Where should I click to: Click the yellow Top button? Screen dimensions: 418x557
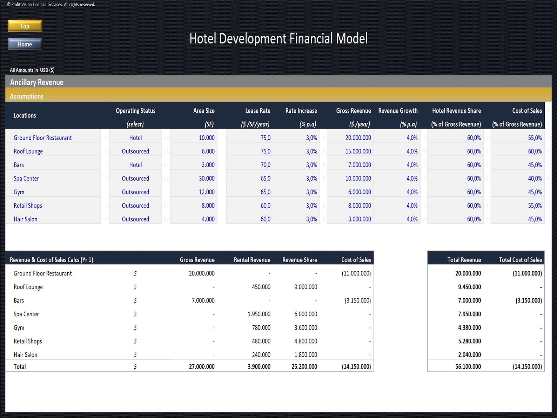(25, 26)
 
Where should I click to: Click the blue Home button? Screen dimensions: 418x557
(25, 44)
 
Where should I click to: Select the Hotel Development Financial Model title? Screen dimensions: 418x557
(278, 39)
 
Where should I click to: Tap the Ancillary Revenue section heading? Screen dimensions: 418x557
(37, 82)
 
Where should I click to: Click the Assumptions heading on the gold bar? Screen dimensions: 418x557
(27, 96)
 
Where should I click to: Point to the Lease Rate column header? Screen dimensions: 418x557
(257, 111)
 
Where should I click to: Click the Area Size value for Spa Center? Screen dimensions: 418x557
(207, 179)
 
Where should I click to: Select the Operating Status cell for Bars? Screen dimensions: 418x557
(135, 165)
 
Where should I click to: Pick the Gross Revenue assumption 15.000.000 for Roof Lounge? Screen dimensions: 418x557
(358, 152)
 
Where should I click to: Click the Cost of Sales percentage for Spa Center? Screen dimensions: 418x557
(535, 179)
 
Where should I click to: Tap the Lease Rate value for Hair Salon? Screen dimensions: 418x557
(265, 219)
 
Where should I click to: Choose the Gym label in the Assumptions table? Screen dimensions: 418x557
(19, 192)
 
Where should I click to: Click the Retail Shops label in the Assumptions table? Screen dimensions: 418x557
(28, 206)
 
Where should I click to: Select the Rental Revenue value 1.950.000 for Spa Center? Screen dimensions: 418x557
(259, 314)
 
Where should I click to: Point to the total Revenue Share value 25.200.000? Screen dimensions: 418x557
(304, 367)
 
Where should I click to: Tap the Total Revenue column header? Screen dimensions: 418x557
(464, 260)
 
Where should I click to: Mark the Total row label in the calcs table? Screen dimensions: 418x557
(20, 367)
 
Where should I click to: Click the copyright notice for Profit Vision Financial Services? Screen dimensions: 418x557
(51, 5)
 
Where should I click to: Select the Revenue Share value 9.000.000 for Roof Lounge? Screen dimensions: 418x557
(306, 287)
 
